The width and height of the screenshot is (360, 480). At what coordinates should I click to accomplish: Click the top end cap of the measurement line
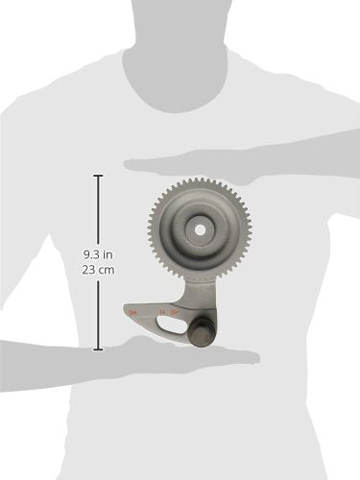click(x=98, y=175)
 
